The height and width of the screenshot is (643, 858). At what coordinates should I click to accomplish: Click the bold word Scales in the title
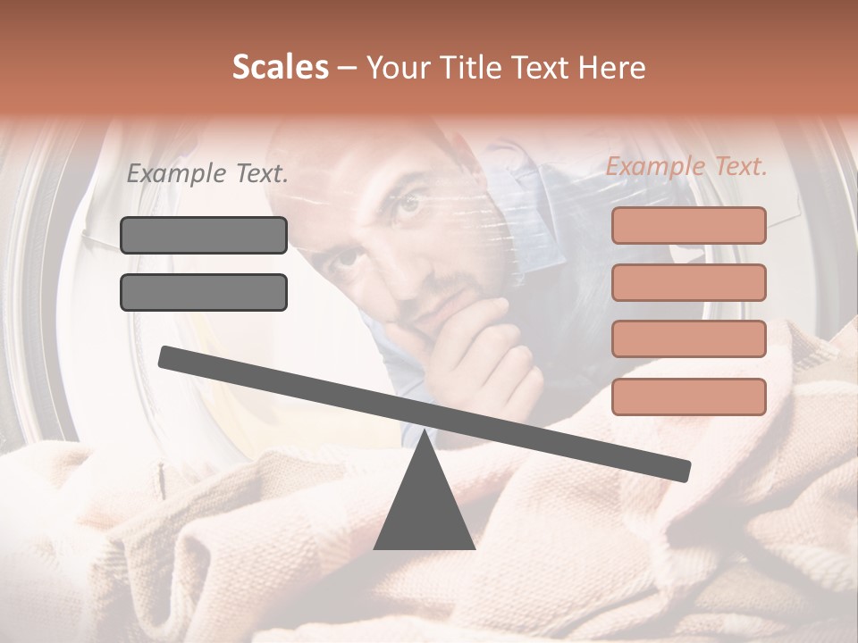click(280, 68)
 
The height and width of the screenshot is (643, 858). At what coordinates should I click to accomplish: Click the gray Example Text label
click(207, 174)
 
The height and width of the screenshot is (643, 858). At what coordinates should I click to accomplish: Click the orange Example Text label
click(686, 166)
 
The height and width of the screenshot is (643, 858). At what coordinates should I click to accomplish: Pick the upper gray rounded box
click(204, 235)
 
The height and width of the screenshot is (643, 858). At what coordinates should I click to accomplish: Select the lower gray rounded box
click(204, 292)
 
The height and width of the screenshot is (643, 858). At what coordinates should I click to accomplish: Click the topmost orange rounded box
click(689, 225)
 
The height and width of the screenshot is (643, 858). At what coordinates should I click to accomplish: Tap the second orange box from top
click(689, 282)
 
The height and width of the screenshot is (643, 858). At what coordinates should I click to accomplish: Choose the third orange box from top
click(689, 339)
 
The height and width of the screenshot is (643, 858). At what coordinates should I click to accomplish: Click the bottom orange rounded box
click(689, 397)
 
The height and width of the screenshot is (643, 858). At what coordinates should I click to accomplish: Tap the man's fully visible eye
click(408, 205)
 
